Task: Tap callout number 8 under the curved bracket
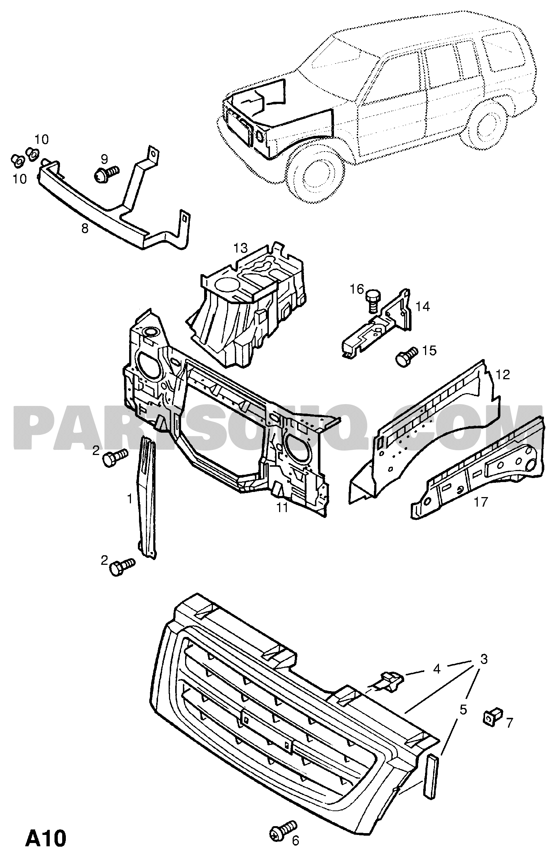(85, 229)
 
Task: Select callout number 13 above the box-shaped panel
(241, 249)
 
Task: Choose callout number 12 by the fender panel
(503, 374)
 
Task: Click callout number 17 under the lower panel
(481, 502)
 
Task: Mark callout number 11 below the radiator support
(282, 507)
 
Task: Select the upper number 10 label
(42, 139)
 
